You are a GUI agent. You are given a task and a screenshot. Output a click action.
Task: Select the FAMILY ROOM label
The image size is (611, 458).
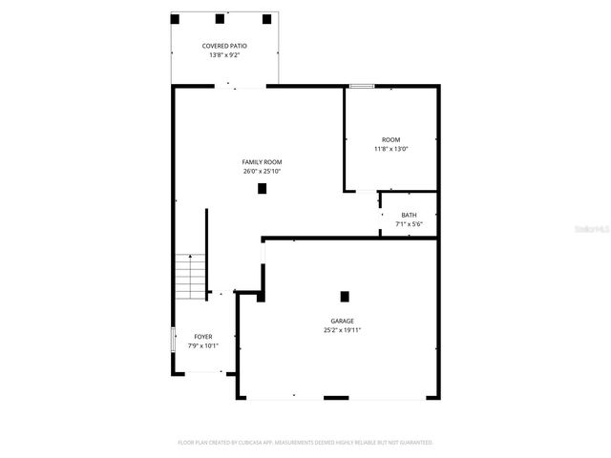(262, 162)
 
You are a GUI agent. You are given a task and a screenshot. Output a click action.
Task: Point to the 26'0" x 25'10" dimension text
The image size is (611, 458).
(262, 172)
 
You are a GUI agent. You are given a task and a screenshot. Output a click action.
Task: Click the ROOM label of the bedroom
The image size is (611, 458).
(391, 139)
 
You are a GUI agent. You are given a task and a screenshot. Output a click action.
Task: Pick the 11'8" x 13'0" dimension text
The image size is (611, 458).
(391, 149)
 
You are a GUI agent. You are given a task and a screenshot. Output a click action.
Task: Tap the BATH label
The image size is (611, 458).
(409, 215)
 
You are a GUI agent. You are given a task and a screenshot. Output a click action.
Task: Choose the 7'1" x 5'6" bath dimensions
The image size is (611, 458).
(409, 224)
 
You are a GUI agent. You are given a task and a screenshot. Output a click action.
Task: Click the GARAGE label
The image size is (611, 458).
(343, 321)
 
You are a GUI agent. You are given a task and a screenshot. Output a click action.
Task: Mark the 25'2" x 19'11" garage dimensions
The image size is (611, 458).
(343, 330)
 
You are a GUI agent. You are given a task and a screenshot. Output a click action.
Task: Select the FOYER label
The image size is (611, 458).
(203, 337)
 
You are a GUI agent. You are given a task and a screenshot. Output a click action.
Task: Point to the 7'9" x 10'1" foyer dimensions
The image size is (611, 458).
(203, 346)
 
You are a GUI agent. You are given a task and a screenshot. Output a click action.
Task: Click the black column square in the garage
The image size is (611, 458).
(345, 296)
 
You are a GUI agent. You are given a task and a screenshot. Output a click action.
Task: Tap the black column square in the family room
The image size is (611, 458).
(262, 189)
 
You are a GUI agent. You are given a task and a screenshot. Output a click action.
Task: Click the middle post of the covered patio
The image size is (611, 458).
(220, 18)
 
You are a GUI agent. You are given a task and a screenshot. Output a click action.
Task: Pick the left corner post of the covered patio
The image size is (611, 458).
(175, 18)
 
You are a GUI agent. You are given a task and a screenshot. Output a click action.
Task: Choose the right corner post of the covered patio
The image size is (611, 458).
(267, 18)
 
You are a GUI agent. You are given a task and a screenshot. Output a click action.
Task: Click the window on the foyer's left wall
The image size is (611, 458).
(173, 340)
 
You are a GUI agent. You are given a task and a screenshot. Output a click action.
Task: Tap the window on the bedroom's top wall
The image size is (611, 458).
(361, 87)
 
